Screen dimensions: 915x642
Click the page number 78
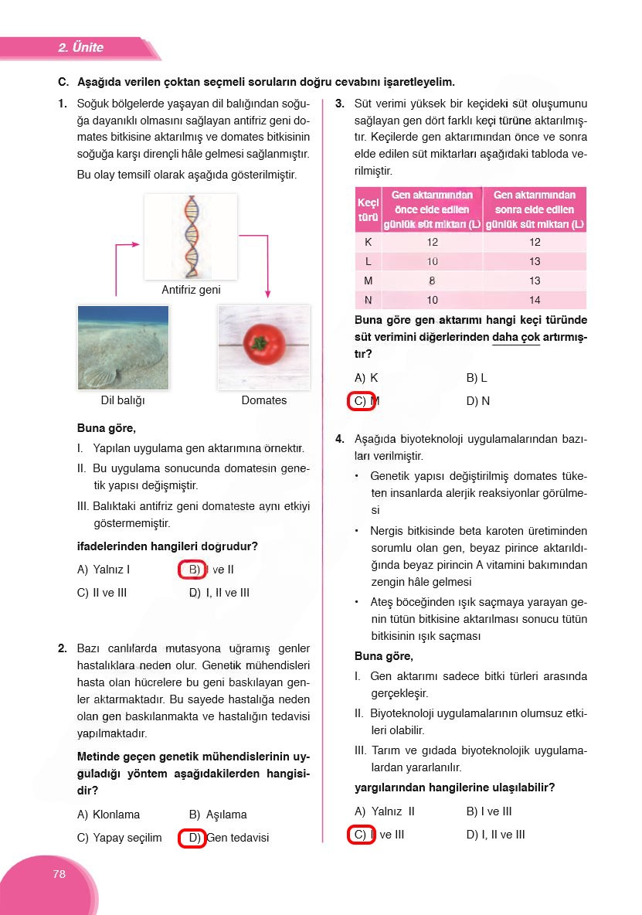tap(59, 874)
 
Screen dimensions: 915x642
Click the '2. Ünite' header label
tap(80, 48)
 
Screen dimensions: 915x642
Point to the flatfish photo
tap(123, 347)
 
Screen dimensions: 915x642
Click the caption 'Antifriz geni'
tap(191, 290)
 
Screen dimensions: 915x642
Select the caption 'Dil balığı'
tap(123, 400)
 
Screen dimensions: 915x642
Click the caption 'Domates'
tap(263, 400)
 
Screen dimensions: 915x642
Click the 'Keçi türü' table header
tap(368, 209)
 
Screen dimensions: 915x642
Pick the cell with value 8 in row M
tap(432, 281)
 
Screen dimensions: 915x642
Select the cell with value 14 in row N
tap(535, 300)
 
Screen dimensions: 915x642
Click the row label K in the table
tap(368, 242)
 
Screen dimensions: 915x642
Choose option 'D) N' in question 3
tap(478, 401)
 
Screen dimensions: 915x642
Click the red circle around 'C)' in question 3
tap(361, 401)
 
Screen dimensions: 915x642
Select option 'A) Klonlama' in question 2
tap(109, 815)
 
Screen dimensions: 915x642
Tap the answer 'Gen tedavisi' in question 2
tap(238, 838)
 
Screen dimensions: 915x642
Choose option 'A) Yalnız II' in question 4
tap(385, 811)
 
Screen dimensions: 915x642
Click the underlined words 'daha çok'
tap(515, 337)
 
